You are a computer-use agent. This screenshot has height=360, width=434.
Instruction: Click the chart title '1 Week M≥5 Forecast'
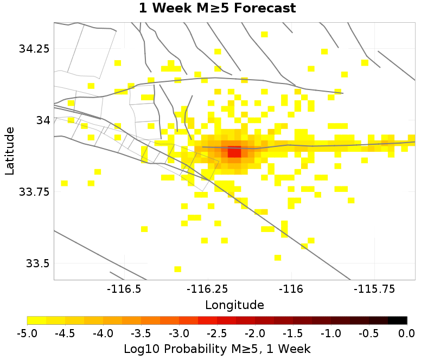coord(217,8)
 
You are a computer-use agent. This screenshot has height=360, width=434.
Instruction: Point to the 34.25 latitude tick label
coord(34,48)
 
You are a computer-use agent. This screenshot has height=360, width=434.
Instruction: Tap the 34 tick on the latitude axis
coord(42,120)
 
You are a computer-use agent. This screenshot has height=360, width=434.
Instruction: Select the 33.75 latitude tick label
coord(34,191)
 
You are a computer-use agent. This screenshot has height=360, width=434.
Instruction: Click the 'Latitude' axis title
coord(9,151)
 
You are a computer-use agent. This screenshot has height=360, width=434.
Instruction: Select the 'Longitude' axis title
coord(234,305)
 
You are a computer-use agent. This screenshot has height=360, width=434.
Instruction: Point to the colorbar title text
coord(217,348)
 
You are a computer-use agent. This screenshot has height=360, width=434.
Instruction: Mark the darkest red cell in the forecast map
coord(234,153)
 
